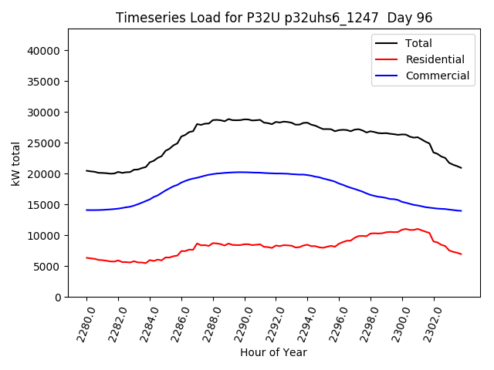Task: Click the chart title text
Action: point(274,18)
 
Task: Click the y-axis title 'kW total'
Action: point(16,163)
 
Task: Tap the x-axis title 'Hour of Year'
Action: point(273,352)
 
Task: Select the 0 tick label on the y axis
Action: point(58,298)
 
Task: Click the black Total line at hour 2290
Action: point(245,119)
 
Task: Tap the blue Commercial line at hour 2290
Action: point(245,172)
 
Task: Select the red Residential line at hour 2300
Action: point(402,230)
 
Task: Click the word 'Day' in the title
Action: point(401,18)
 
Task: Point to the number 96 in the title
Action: point(425,18)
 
